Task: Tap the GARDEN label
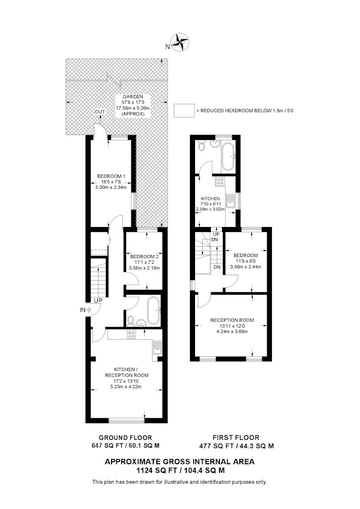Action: coord(133,97)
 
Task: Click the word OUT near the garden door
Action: coord(100,112)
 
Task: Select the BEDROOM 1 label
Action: coord(112,176)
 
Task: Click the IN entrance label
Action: coord(83,310)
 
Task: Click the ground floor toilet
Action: coord(130,320)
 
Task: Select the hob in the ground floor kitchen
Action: coord(131,335)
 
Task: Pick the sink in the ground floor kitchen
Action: coord(157,347)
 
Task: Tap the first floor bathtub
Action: coord(228,157)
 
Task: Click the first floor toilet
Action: coord(202,147)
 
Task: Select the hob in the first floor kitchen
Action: coord(220,182)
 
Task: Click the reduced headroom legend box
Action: coord(184,110)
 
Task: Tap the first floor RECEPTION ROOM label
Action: coord(232,320)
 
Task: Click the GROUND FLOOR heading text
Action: coord(125,438)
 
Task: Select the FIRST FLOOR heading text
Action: coord(236,438)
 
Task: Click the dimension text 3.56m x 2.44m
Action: coord(246,267)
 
